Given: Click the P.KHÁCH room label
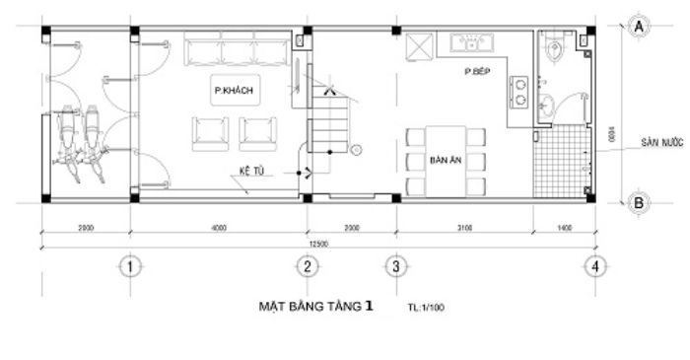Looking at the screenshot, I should coord(234,90).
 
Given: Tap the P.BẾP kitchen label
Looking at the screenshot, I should coord(479,73).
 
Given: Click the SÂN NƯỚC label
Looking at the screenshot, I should coord(656,141).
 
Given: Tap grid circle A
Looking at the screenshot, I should coord(638,27).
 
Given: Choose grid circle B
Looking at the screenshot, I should coord(638,202).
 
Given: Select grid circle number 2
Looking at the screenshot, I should coord(307,265).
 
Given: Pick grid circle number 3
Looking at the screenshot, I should coord(395,265).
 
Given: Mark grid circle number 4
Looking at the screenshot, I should coord(593,265).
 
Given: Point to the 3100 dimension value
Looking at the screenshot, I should coord(465,228).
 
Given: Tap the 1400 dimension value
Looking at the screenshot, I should coord(565,228).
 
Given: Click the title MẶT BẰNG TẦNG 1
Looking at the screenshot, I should coord(314,307).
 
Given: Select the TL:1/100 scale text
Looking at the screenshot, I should coord(425,308).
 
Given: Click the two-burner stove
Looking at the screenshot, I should coord(519,92).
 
